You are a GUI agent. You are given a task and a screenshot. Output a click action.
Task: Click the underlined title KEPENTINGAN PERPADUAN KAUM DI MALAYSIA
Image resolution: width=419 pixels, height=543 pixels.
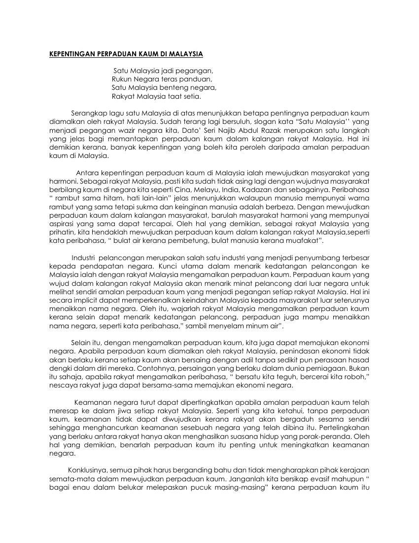coord(126,53)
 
